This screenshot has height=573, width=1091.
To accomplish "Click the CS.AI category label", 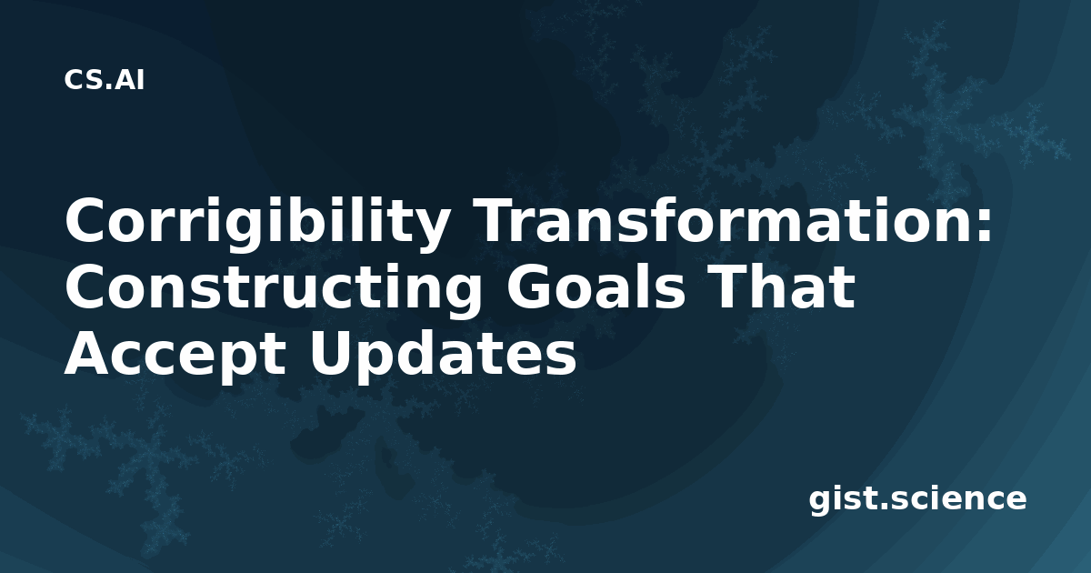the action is click(105, 80).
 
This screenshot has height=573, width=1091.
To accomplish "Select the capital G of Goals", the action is click(530, 286).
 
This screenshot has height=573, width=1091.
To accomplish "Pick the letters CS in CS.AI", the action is click(84, 80).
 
